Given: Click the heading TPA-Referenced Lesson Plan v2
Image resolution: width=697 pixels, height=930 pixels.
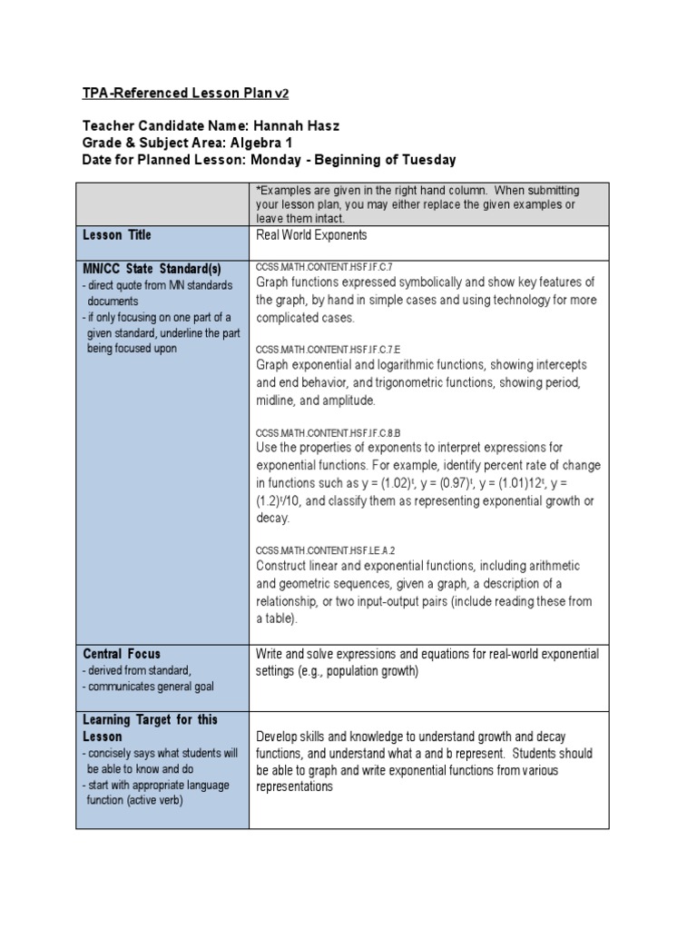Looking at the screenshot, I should coord(186,94).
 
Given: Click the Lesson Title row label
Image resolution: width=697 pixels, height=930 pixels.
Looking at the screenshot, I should coord(117,235).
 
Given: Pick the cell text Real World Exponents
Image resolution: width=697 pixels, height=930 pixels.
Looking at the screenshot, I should coord(311,235).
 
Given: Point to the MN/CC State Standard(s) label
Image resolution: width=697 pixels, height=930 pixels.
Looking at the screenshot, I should coord(152,270).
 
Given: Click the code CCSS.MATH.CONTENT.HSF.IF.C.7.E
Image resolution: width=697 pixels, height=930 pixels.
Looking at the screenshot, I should coord(328,349).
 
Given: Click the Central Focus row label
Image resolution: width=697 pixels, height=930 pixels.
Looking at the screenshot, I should coord(122,654).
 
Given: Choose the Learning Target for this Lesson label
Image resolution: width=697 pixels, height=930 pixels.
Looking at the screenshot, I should coord(150,727).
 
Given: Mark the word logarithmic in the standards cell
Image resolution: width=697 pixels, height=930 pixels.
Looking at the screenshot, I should coord(417,364).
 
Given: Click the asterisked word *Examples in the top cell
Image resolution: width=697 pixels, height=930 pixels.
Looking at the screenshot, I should coord(285,190).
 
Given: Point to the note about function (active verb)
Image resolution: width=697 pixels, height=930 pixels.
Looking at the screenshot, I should coord(135,800).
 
